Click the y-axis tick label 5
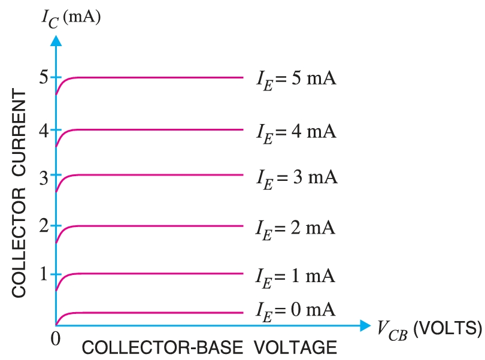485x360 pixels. (x=43, y=77)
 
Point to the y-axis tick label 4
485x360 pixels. (x=43, y=129)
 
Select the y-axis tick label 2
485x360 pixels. (x=43, y=226)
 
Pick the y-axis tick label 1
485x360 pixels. (x=43, y=274)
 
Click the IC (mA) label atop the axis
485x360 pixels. (x=70, y=16)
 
